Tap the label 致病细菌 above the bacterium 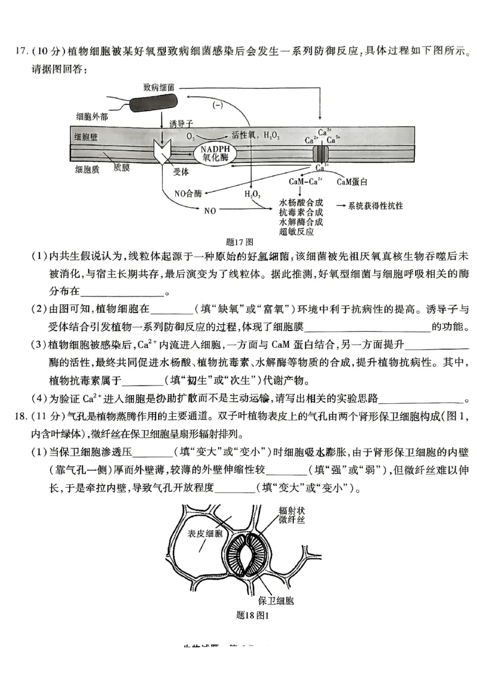pos(159,86)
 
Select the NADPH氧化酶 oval pos(215,154)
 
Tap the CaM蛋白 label pos(351,180)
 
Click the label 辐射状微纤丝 pos(292,515)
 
